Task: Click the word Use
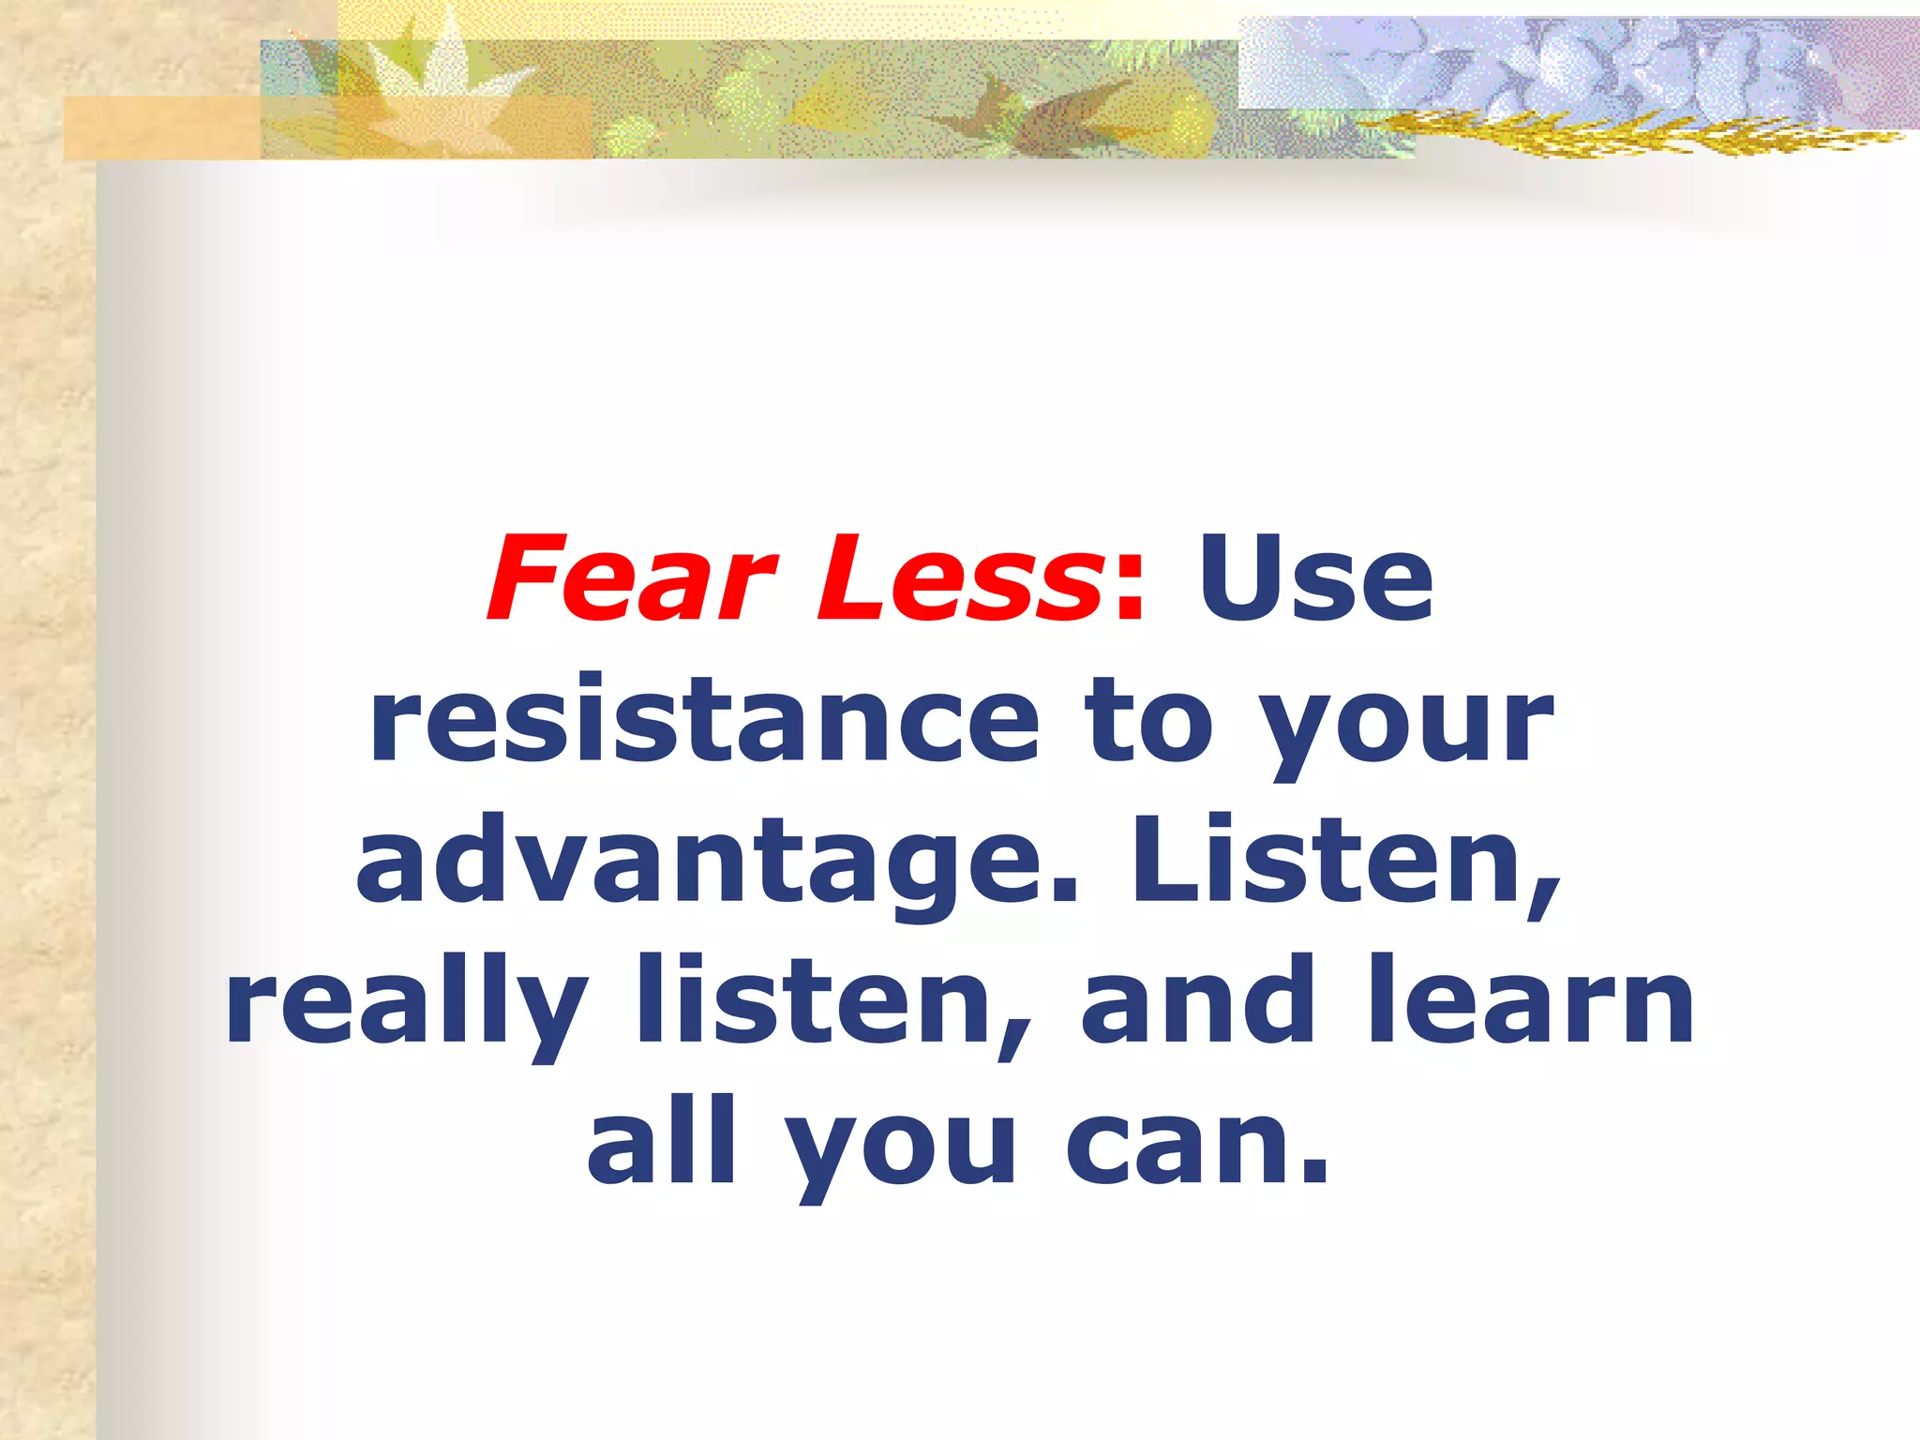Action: click(1315, 577)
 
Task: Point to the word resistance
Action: click(704, 720)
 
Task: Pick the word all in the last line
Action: click(662, 1142)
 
